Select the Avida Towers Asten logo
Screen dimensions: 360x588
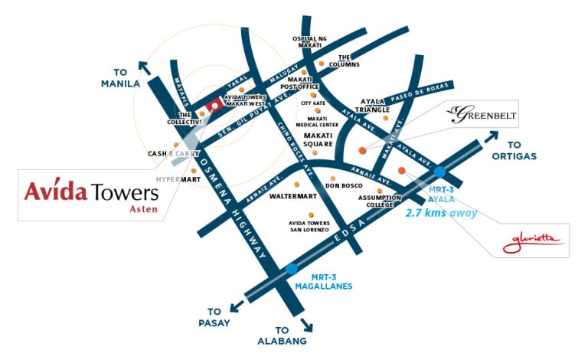[90, 192]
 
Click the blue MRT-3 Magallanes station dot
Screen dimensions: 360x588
[291, 269]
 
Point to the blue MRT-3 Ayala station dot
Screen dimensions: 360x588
[439, 172]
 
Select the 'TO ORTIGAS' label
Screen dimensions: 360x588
[524, 150]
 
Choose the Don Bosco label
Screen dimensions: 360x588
[342, 185]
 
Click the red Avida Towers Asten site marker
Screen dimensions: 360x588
[215, 106]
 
